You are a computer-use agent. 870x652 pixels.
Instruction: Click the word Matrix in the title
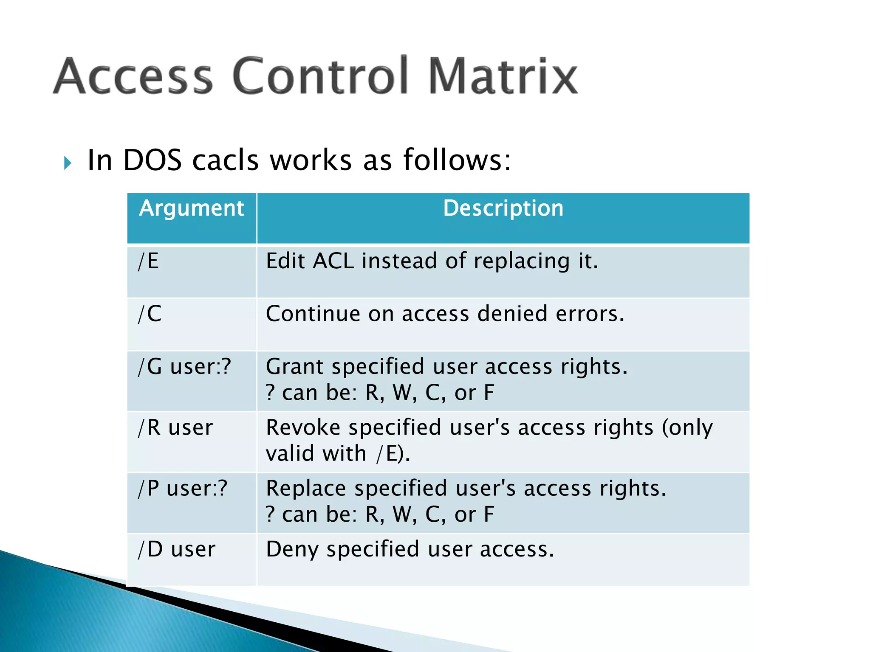pos(503,76)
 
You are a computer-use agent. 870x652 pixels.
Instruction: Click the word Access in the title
pos(133,76)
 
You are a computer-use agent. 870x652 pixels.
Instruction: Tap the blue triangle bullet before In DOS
pos(68,163)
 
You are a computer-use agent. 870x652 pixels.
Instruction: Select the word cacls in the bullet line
pos(225,160)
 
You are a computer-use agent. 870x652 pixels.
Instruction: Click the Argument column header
pos(192,208)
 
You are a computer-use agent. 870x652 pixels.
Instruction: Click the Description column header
pos(503,208)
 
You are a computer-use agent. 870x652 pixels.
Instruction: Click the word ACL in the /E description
pos(333,261)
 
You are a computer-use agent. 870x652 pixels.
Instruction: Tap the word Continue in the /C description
pos(313,314)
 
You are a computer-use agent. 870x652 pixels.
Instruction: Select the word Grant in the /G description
pos(294,367)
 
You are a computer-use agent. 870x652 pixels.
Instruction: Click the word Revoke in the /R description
pos(303,427)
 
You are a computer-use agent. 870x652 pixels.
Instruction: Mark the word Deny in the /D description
pos(292,550)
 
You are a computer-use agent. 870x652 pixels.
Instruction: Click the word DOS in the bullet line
pos(152,160)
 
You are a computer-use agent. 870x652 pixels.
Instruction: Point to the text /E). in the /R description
pos(393,454)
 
